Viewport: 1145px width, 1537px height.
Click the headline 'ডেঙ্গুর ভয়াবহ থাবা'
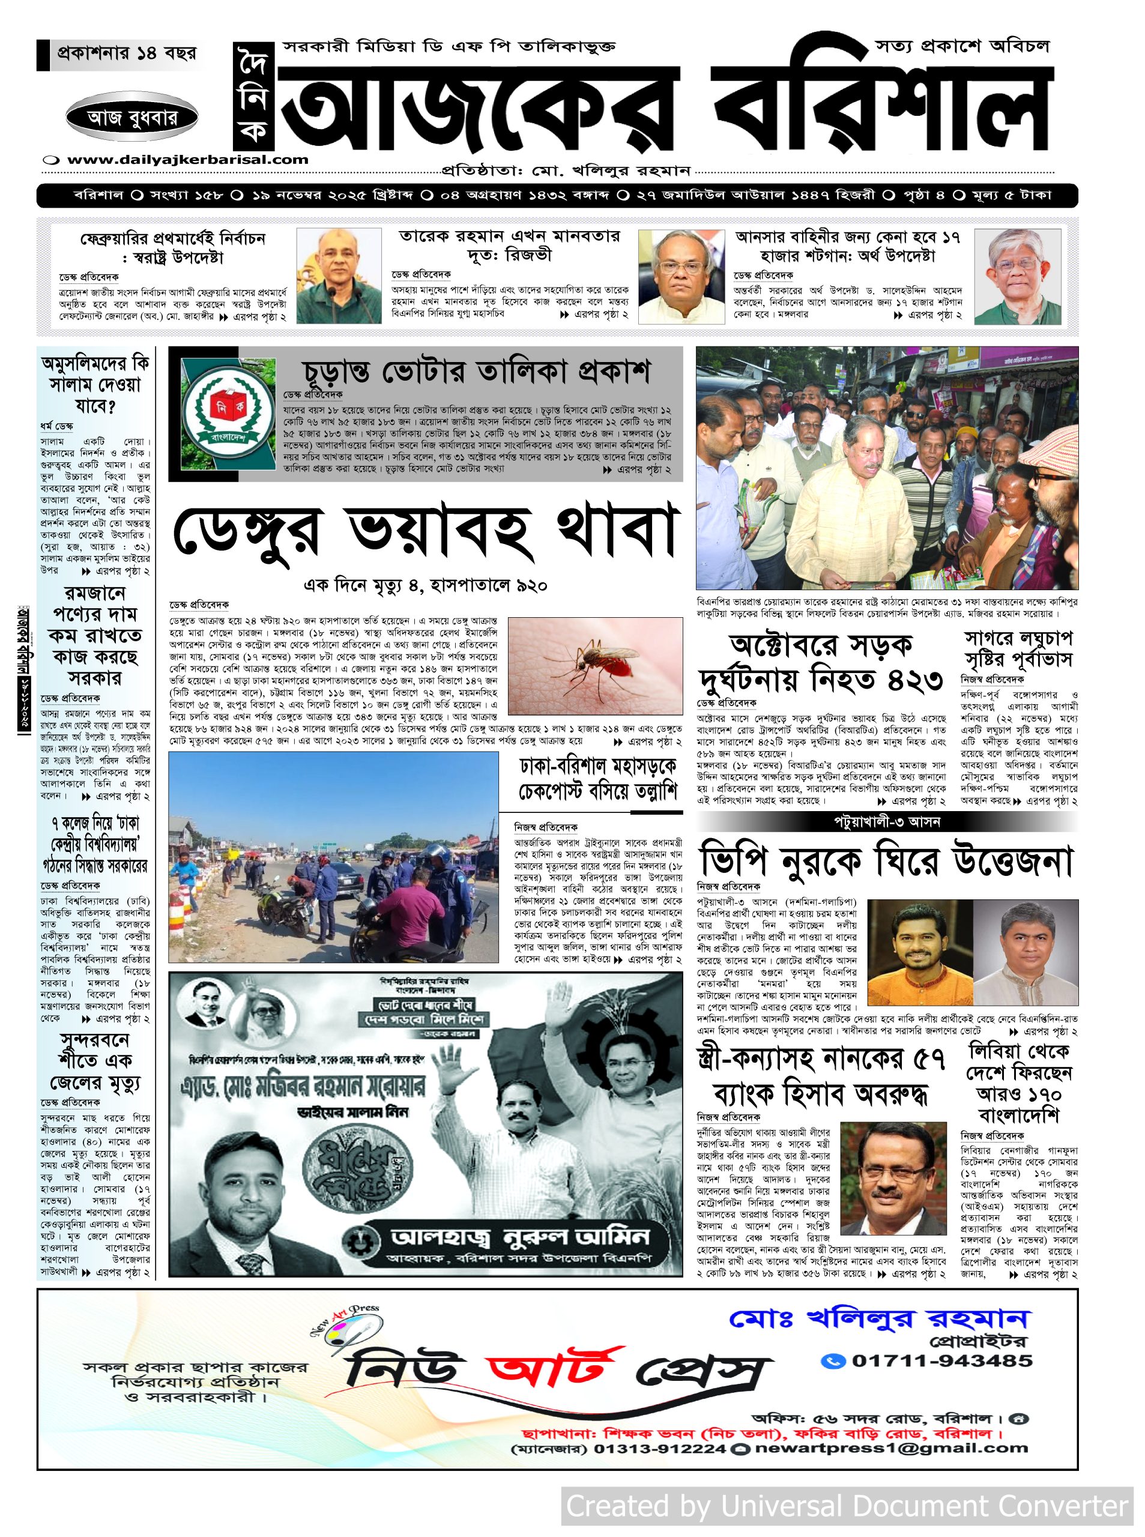(423, 535)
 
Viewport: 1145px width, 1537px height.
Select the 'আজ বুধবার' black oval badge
(132, 117)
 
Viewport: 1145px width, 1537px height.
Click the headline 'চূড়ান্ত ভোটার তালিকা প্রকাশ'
(476, 373)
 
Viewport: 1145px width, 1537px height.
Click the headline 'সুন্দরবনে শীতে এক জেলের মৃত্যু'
(95, 1061)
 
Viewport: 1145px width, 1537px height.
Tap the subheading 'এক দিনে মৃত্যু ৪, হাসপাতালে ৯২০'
(425, 586)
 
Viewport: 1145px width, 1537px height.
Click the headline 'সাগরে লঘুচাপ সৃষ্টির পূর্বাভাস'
(1018, 648)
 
